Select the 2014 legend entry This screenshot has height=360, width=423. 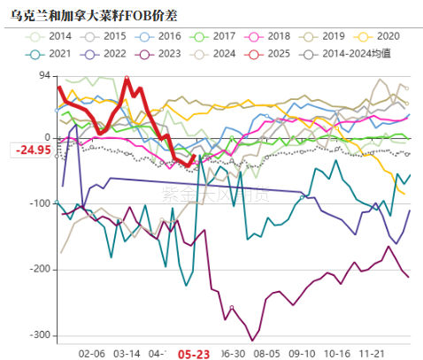(51, 36)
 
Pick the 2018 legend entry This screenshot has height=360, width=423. (267, 36)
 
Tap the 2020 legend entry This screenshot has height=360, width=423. (375, 36)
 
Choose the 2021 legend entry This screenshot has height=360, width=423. (51, 54)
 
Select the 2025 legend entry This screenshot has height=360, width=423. (267, 54)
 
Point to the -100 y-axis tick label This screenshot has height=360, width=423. (38, 203)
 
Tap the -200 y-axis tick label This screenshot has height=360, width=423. (38, 269)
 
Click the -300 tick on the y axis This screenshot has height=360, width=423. (38, 335)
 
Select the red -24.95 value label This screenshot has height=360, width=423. (33, 149)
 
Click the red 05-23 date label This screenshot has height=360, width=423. (194, 353)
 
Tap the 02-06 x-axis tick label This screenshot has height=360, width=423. (92, 352)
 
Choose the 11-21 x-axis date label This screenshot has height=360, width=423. (380, 352)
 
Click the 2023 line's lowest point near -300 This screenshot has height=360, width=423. (252, 340)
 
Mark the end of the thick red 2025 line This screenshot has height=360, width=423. (194, 156)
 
